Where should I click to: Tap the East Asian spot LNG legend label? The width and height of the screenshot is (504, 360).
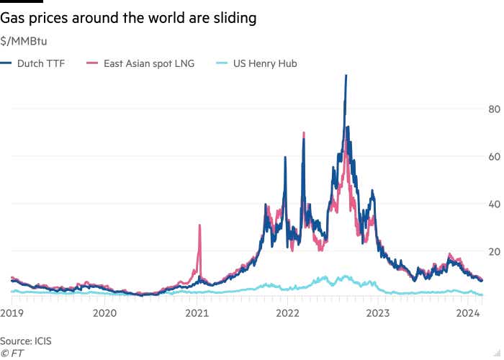pos(150,63)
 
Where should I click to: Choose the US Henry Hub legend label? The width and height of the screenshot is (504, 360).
pos(265,63)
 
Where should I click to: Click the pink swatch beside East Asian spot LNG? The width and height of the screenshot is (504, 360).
pos(91,63)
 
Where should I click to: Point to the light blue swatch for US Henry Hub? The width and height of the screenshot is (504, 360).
pos(222,63)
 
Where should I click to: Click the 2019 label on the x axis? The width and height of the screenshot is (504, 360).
pos(12,312)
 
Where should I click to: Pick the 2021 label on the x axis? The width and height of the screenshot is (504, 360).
pos(197,312)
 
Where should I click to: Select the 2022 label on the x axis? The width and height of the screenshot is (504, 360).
pos(288,312)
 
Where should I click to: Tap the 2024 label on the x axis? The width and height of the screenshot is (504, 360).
pos(469,312)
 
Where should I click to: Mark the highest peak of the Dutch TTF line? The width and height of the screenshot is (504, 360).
pos(346,76)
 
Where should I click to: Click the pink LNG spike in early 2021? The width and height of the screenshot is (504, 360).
pos(199,227)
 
